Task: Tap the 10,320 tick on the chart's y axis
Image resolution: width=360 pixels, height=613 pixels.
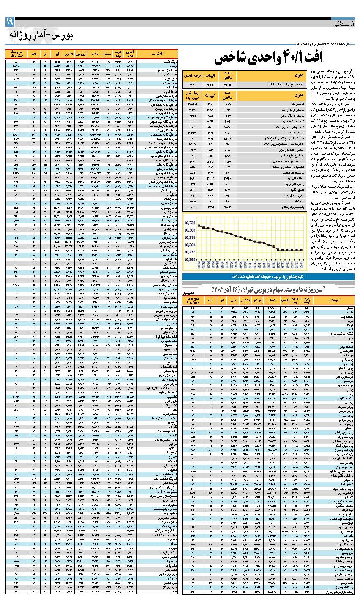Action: click(x=191, y=223)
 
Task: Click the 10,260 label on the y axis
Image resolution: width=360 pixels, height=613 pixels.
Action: click(x=191, y=259)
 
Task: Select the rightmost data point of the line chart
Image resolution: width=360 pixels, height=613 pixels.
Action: click(x=301, y=250)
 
